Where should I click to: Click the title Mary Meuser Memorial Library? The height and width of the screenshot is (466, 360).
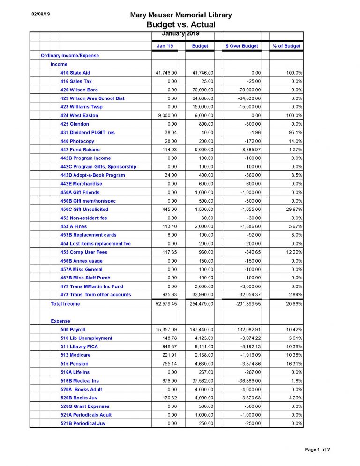pyautogui.click(x=180, y=15)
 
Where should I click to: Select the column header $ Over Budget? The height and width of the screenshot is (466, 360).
pyautogui.click(x=242, y=46)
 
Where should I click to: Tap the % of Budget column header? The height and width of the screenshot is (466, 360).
pyautogui.click(x=286, y=46)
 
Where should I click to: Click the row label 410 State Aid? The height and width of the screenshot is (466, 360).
pyautogui.click(x=75, y=73)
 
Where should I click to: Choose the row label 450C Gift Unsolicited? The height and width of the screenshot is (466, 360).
pyautogui.click(x=84, y=209)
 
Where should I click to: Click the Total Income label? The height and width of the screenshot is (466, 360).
pyautogui.click(x=65, y=304)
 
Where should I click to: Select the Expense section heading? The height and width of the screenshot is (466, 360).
pyautogui.click(x=60, y=321)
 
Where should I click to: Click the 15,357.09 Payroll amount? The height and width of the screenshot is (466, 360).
pyautogui.click(x=166, y=330)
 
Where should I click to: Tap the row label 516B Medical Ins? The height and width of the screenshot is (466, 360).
pyautogui.click(x=80, y=381)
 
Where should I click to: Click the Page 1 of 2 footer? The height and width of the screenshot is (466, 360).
pyautogui.click(x=317, y=450)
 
